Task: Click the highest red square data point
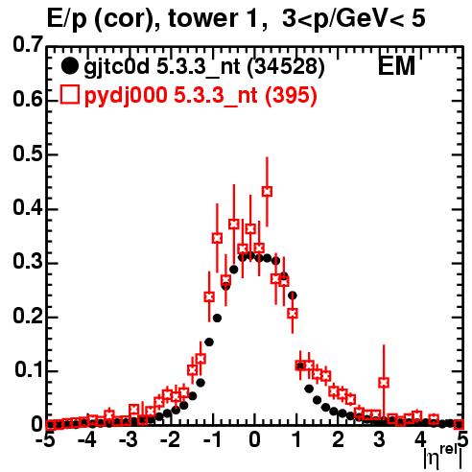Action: (x=267, y=192)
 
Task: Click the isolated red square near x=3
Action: (x=384, y=382)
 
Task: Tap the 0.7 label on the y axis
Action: (x=28, y=45)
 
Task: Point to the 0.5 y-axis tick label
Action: (x=28, y=154)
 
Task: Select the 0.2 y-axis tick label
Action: (x=28, y=317)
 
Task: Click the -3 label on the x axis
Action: (x=129, y=439)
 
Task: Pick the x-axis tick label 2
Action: (x=338, y=439)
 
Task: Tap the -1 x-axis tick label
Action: (x=212, y=439)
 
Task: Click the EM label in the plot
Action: (x=396, y=66)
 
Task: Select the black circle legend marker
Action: (x=69, y=66)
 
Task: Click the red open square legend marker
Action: (x=69, y=95)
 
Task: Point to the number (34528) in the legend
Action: (x=286, y=67)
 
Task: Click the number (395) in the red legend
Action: (x=291, y=95)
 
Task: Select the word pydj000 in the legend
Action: (x=126, y=96)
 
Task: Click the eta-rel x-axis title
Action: (x=442, y=458)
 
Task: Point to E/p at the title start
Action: (x=67, y=20)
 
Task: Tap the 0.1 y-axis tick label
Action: (x=28, y=370)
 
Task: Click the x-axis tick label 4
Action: (x=421, y=439)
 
